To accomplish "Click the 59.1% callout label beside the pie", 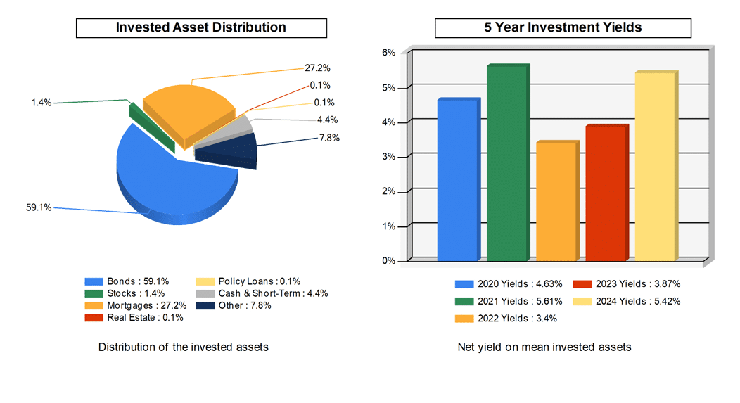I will pyautogui.click(x=38, y=208).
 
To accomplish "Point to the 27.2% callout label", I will pyautogui.click(x=317, y=68).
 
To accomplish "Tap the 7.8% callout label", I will pyautogui.click(x=329, y=138).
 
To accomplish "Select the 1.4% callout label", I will pyautogui.click(x=41, y=103).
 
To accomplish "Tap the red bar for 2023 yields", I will pyautogui.click(x=604, y=193).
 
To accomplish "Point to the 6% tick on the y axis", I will pyautogui.click(x=388, y=53).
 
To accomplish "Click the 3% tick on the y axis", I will pyautogui.click(x=388, y=157).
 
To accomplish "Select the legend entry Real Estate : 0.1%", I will pyautogui.click(x=145, y=317).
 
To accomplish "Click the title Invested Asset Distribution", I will pyautogui.click(x=201, y=27).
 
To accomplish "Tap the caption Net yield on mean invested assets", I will pyautogui.click(x=544, y=347).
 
